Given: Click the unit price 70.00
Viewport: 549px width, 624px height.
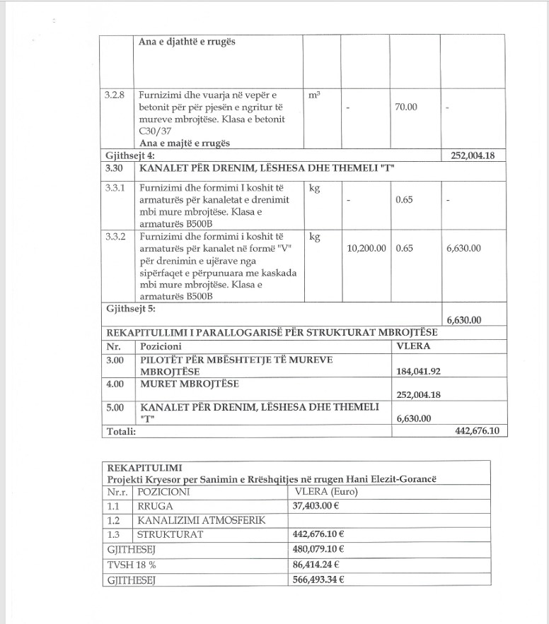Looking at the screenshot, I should click(406, 107).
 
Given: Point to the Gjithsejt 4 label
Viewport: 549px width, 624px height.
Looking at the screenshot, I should click(129, 155).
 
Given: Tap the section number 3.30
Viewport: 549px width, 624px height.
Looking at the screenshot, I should click(115, 169).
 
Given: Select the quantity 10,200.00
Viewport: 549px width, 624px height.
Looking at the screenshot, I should click(366, 248).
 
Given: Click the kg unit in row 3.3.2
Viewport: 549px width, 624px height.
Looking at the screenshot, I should click(315, 237).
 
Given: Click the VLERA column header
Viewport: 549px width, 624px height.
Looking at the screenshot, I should click(414, 346).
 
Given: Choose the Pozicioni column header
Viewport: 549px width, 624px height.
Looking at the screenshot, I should click(161, 347).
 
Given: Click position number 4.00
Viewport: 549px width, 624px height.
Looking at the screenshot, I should click(115, 384).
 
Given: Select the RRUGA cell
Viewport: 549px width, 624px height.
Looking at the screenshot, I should click(155, 506).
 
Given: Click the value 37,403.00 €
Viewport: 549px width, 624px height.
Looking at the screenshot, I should click(318, 506).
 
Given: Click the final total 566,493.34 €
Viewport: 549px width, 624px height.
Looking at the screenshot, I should click(318, 579).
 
